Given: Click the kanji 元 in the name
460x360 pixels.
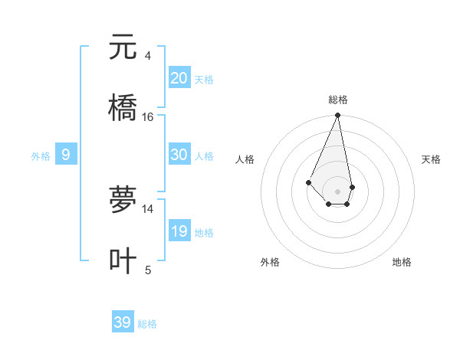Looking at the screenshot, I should (x=123, y=47).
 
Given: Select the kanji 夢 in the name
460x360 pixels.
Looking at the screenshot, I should (x=123, y=201).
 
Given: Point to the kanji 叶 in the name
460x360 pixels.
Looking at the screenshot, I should (x=123, y=260).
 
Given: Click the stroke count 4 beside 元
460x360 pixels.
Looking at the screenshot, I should (x=147, y=55).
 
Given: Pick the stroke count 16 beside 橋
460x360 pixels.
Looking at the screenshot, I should (x=148, y=116).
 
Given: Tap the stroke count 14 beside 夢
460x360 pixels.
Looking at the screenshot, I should (x=148, y=208).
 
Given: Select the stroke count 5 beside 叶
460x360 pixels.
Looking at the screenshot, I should (x=148, y=270).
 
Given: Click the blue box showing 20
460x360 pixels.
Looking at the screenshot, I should (x=179, y=78).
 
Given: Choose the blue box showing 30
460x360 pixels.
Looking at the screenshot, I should (x=179, y=155).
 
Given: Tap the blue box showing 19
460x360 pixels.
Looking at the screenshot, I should (x=179, y=231).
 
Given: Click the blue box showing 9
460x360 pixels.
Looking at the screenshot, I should (x=66, y=155).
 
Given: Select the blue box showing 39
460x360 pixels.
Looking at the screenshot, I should (x=123, y=322).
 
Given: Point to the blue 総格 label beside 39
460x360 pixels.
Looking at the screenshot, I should (x=147, y=324).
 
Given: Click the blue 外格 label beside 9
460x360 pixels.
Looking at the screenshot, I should (x=41, y=156).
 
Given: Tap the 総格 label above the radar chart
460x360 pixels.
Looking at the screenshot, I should (x=337, y=100).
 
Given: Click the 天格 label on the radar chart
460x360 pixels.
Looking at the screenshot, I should (x=431, y=159).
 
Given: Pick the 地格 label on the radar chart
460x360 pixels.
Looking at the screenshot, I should (x=402, y=262).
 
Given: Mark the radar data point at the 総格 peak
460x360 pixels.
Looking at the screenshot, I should (x=337, y=116).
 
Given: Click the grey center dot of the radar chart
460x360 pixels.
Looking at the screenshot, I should (x=337, y=191).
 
